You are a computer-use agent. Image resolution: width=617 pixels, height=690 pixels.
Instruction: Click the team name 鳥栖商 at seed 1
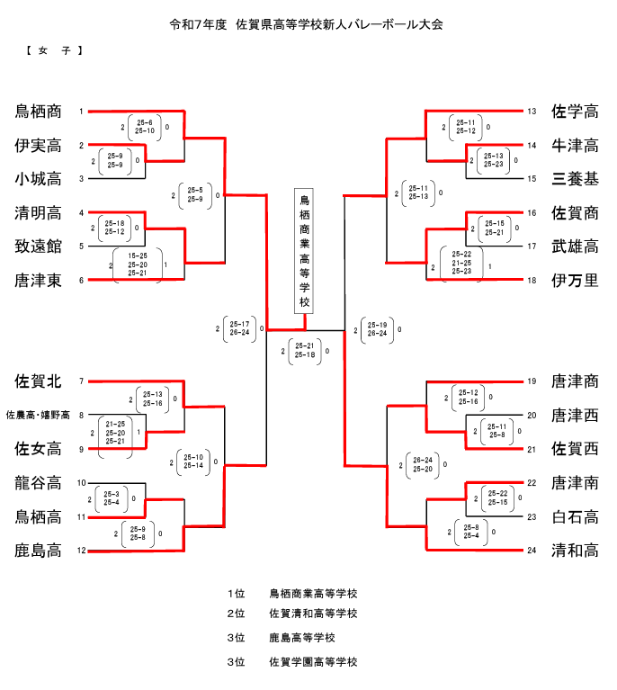(x=38, y=112)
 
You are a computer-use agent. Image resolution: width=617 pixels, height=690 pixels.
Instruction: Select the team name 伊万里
(x=576, y=281)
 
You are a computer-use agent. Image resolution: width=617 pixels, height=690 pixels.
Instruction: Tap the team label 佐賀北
(x=38, y=381)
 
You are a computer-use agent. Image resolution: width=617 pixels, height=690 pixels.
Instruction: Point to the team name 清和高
(x=576, y=551)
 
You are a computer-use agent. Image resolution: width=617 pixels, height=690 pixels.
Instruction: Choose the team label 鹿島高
(x=38, y=551)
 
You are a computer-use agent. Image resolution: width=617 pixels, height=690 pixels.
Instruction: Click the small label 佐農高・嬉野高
(x=38, y=416)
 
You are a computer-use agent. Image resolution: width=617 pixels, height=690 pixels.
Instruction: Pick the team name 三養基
(x=576, y=179)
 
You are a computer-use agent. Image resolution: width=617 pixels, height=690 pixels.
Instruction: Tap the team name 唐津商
(x=576, y=381)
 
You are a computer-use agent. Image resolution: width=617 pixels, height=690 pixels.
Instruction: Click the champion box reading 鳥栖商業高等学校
(x=304, y=251)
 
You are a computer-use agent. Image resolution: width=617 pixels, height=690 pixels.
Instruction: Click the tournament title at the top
(x=307, y=24)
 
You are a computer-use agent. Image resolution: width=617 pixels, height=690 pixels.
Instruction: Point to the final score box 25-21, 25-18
(x=303, y=351)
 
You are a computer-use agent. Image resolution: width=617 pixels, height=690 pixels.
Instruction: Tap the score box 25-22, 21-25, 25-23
(x=461, y=263)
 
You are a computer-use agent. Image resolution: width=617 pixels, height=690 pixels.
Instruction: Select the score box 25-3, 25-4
(x=112, y=497)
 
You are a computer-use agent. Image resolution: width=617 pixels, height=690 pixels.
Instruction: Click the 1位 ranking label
(x=236, y=594)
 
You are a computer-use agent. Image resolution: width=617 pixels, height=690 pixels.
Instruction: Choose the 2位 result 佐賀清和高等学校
(x=313, y=614)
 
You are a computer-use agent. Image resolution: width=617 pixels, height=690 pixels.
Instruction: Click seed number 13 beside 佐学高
(x=532, y=112)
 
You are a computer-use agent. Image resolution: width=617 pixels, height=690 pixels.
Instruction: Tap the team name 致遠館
(x=38, y=246)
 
